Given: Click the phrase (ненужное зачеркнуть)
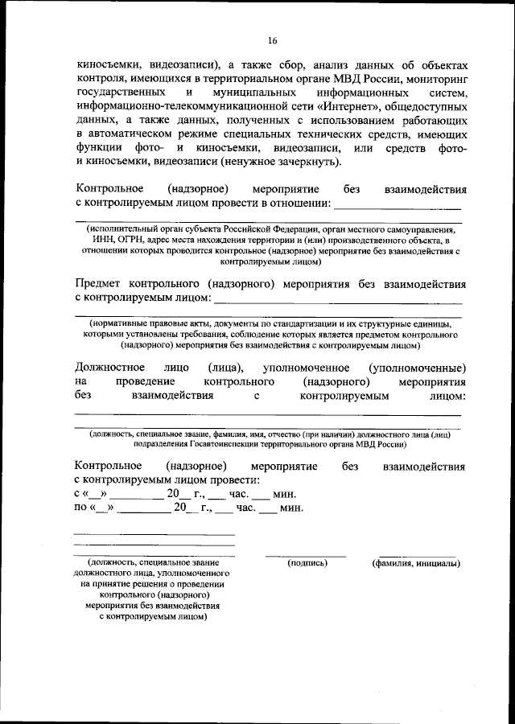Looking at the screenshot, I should (x=286, y=162).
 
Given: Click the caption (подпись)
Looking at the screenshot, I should (x=307, y=562).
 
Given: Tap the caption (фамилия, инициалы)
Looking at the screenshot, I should (x=416, y=562).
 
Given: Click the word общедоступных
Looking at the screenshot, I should (x=427, y=106).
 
